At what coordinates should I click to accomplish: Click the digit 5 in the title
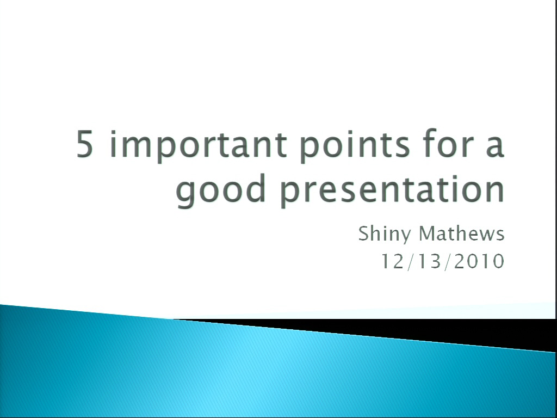85,143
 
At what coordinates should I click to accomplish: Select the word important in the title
198,145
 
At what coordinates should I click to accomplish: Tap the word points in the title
355,145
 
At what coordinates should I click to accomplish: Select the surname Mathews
462,233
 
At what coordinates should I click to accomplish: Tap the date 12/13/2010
443,261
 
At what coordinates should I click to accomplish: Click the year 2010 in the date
479,261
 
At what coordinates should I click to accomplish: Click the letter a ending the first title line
495,146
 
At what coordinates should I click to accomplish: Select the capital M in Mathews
429,233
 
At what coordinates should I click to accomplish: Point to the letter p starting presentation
290,194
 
